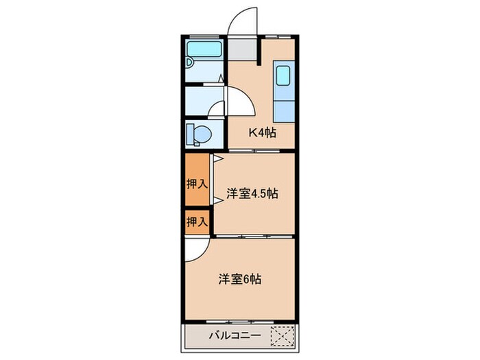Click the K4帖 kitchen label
coord(262,133)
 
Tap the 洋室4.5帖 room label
coord(252,194)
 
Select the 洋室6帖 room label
coord(240,279)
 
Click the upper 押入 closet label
coord(196,183)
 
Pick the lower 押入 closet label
coord(196,221)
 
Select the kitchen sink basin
coord(284,75)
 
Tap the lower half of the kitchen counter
coord(284,110)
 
